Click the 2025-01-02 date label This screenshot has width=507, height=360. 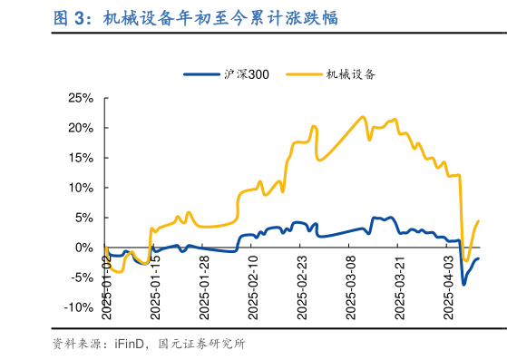(106, 286)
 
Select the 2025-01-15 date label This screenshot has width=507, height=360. (155, 286)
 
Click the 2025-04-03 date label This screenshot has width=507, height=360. (447, 286)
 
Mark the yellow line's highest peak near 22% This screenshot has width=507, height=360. (363, 117)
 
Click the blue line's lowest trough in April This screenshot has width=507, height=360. (463, 284)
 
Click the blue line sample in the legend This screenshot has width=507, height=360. (201, 74)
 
